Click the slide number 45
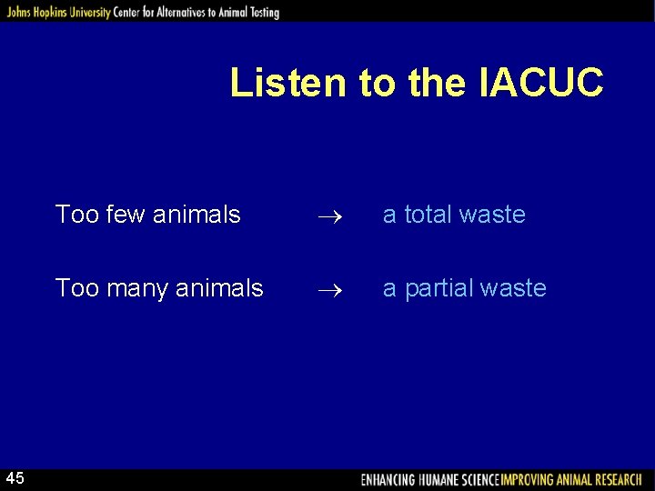(15, 478)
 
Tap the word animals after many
(222, 288)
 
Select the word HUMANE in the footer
(441, 479)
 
